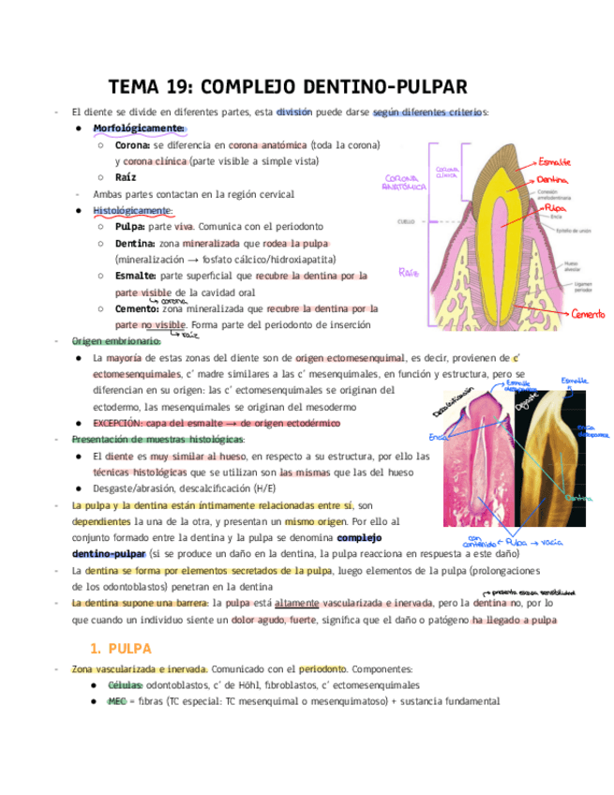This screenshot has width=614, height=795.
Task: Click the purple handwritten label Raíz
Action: pos(407,273)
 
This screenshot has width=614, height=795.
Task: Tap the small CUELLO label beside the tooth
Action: pos(406,222)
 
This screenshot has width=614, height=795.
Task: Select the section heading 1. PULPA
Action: pos(120,648)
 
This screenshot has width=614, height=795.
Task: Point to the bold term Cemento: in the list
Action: pos(137,307)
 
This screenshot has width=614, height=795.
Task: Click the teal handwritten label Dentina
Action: pos(574,498)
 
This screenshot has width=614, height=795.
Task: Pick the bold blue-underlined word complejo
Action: pos(358,537)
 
